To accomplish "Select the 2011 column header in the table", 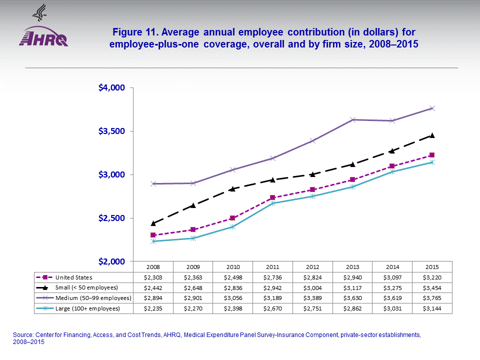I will pos(272,266).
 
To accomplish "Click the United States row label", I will pos(74,277).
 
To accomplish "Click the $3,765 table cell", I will pos(432,298).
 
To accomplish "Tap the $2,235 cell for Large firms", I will pos(153,308).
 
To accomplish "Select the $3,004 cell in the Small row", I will pos(312,287).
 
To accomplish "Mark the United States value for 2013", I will pos(352,277).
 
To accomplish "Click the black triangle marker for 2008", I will pos(153,223).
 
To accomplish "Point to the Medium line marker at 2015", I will pos(432,108).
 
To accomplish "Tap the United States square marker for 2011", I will pos(272,197).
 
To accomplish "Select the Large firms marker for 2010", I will pos(232,227).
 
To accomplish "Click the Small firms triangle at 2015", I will pos(432,135).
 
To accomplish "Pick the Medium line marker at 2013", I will pos(352,119).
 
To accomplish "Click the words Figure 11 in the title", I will pos(134,32).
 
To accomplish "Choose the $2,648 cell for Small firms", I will pos(193,287).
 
